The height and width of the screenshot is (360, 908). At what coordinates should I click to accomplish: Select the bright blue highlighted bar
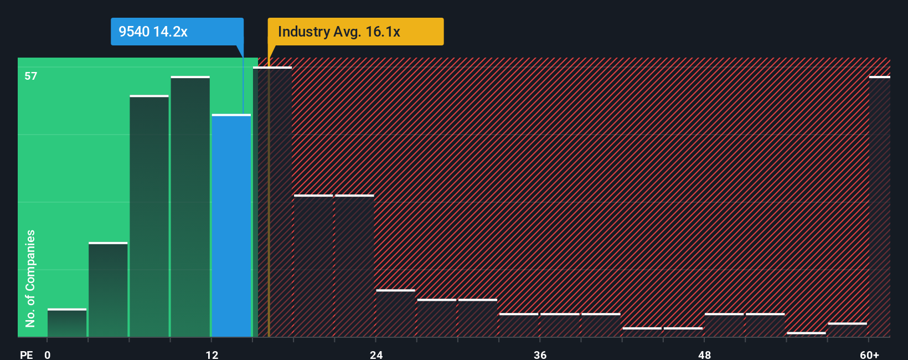[231, 225]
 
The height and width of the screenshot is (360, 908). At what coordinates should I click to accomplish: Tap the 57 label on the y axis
[31, 76]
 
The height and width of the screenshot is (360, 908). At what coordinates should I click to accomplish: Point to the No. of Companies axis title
[30, 278]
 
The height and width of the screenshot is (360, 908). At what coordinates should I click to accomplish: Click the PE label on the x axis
[26, 354]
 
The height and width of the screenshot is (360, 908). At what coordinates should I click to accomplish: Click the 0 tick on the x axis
[48, 354]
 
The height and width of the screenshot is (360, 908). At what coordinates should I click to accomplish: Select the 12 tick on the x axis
[212, 354]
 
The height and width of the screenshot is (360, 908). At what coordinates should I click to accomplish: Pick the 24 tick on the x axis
[376, 354]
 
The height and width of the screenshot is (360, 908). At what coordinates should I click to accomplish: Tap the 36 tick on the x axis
[540, 354]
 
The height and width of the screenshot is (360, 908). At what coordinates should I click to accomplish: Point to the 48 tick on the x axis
[705, 354]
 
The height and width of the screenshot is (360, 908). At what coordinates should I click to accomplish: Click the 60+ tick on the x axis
[869, 354]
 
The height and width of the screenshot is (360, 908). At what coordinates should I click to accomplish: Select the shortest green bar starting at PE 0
[67, 323]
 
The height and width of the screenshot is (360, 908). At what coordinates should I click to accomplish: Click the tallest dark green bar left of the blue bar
[190, 207]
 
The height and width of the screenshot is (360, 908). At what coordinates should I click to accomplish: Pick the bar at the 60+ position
[879, 207]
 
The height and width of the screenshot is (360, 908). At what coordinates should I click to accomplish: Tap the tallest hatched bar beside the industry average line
[272, 202]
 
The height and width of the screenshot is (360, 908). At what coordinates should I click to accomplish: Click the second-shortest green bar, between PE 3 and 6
[108, 290]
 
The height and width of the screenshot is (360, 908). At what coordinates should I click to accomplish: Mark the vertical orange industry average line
[269, 194]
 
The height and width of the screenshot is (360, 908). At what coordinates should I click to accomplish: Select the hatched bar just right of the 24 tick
[395, 313]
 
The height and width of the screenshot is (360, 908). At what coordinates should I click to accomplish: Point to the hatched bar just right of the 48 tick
[724, 325]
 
